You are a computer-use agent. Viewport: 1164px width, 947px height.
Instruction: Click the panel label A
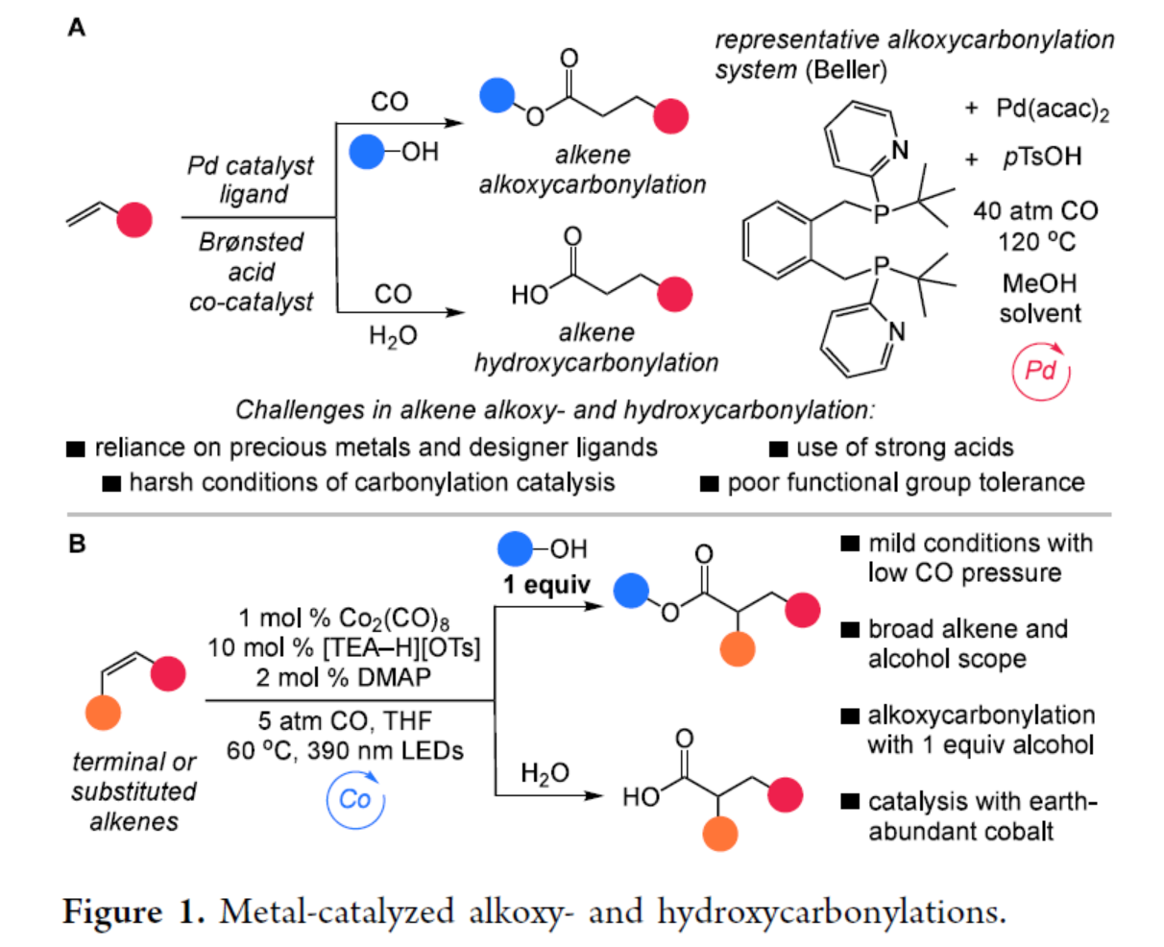77,28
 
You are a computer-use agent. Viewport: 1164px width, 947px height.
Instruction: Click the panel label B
77,545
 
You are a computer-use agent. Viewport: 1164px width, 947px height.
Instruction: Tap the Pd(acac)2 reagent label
1052,109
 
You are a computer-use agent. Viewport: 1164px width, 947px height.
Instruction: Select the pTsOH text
1042,158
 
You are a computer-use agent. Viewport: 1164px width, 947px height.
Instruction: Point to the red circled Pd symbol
1041,371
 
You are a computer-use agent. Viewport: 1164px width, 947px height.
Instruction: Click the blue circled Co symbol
354,799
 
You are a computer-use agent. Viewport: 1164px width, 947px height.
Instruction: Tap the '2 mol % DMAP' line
344,677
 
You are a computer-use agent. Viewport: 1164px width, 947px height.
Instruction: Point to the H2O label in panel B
545,774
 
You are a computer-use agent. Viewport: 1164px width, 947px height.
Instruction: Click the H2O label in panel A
393,337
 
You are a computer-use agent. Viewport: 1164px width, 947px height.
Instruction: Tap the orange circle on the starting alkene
103,715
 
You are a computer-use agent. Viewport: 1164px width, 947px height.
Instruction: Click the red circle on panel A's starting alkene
134,220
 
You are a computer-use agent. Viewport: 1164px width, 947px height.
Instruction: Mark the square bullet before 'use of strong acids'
779,449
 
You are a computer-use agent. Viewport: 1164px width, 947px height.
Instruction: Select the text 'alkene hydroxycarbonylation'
595,348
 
